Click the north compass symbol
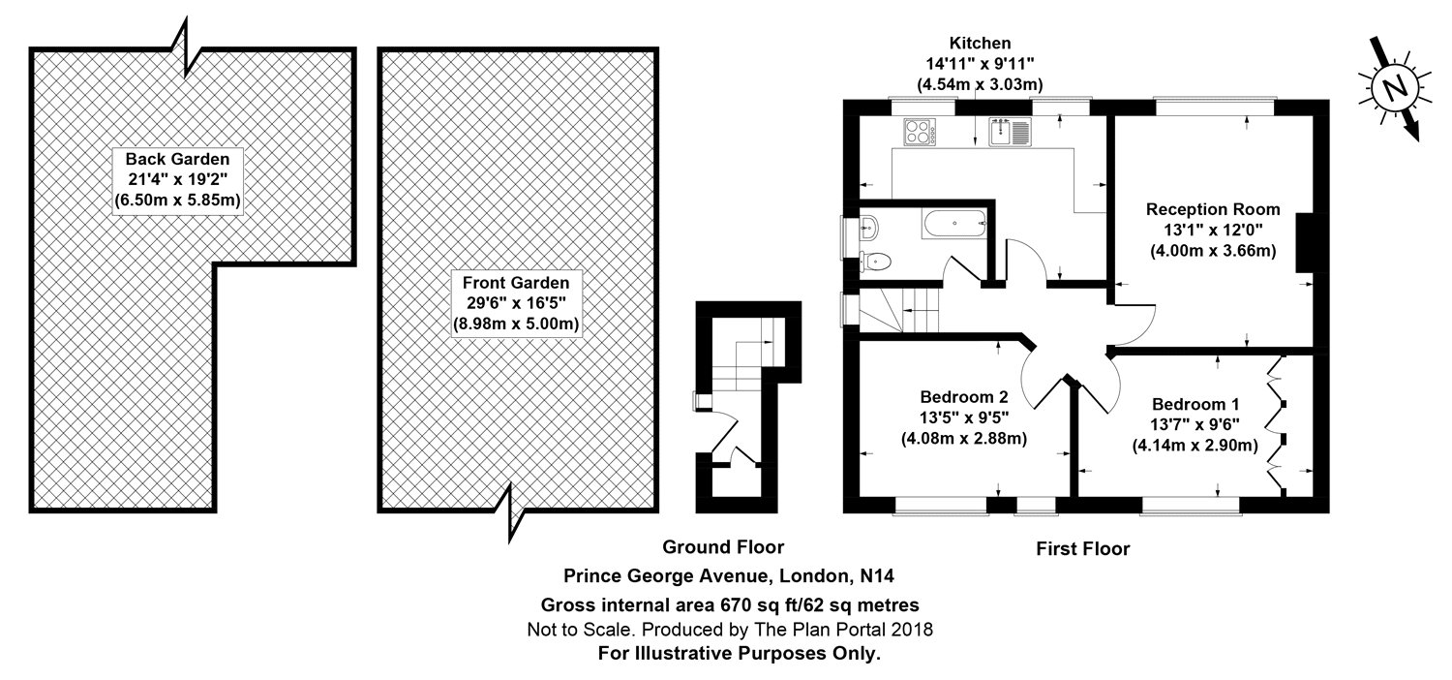pyautogui.click(x=1394, y=88)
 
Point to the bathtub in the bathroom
pyautogui.click(x=954, y=227)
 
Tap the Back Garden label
pyautogui.click(x=176, y=158)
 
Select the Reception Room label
pyautogui.click(x=1213, y=209)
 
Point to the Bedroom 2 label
pyautogui.click(x=964, y=396)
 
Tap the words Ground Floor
pyautogui.click(x=723, y=548)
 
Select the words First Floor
pyautogui.click(x=1083, y=549)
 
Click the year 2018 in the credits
pyautogui.click(x=912, y=630)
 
